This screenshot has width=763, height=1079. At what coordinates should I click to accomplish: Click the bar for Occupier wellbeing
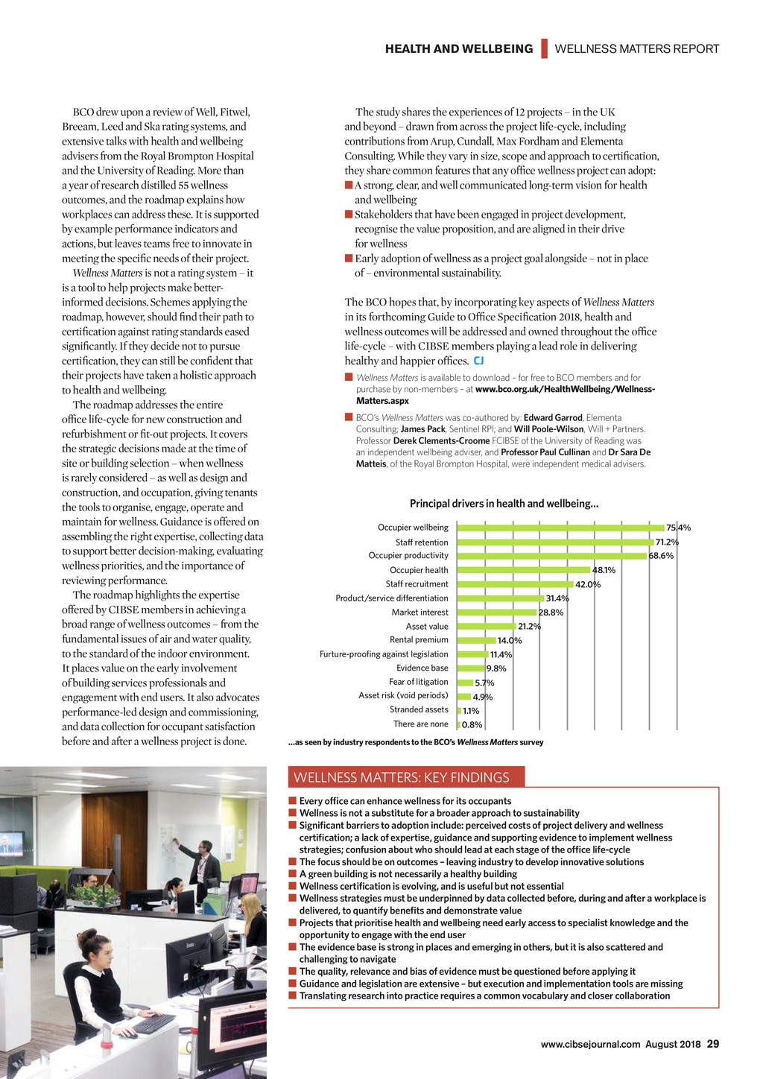click(560, 528)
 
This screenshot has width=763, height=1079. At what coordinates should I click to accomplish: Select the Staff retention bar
click(554, 542)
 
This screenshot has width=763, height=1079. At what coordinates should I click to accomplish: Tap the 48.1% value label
click(604, 570)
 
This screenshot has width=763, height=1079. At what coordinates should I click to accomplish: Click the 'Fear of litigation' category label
click(418, 682)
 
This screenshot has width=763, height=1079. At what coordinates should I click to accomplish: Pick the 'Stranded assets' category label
click(419, 709)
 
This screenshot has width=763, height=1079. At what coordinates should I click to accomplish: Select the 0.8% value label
click(472, 724)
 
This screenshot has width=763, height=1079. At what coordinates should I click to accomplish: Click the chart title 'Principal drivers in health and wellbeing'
click(504, 504)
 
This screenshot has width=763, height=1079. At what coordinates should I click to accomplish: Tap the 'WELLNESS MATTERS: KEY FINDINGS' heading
click(402, 777)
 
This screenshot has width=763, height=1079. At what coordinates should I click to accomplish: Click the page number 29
click(712, 1044)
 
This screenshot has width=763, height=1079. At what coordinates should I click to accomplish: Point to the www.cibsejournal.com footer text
click(590, 1044)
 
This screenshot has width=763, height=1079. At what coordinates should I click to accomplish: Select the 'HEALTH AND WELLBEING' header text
click(459, 49)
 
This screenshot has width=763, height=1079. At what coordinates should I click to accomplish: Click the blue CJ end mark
click(478, 361)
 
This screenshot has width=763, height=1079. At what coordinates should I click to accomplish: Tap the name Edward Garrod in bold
click(553, 418)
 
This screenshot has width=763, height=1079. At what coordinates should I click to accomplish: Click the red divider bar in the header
click(544, 48)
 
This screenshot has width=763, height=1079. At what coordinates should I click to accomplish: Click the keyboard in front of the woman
click(153, 1024)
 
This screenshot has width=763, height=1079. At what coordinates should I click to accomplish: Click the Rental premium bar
click(476, 640)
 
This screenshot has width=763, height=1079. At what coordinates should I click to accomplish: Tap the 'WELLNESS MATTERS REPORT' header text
click(637, 49)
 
